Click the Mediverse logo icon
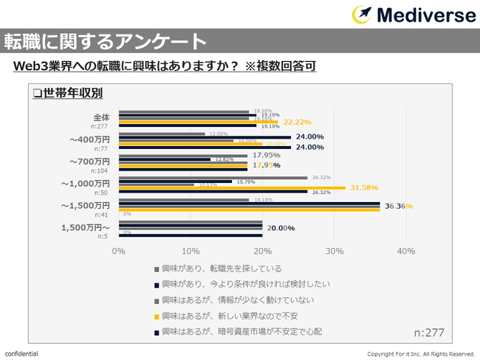click(362, 14)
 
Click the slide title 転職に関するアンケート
click(104, 40)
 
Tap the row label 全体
click(101, 117)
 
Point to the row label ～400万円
click(89, 139)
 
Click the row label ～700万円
click(89, 161)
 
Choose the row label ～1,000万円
click(85, 183)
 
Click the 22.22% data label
click(297, 122)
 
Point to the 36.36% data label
click(399, 206)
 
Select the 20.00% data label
click(281, 228)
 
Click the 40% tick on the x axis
click(406, 251)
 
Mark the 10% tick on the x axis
click(191, 251)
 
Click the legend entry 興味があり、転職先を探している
click(222, 269)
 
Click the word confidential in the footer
click(22, 353)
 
